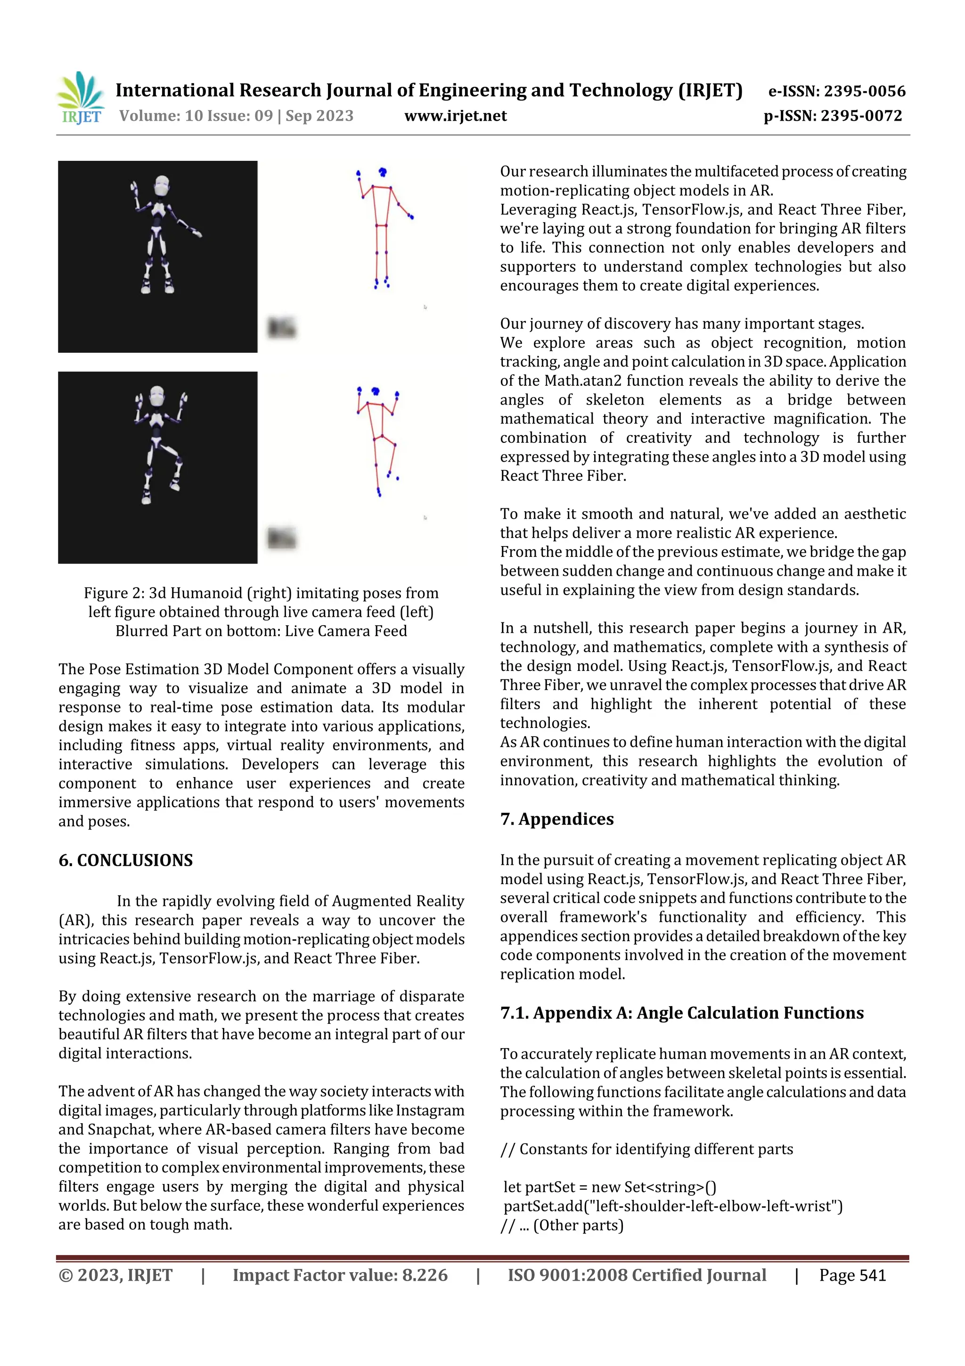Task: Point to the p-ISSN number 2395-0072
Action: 861,116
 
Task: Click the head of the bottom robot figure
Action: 157,397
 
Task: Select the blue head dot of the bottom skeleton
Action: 375,391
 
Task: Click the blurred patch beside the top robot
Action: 281,327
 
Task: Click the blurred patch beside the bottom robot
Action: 281,538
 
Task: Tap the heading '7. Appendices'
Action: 556,819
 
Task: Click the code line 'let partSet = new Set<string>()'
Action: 609,1187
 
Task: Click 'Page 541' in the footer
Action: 852,1275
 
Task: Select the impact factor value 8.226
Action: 425,1275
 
